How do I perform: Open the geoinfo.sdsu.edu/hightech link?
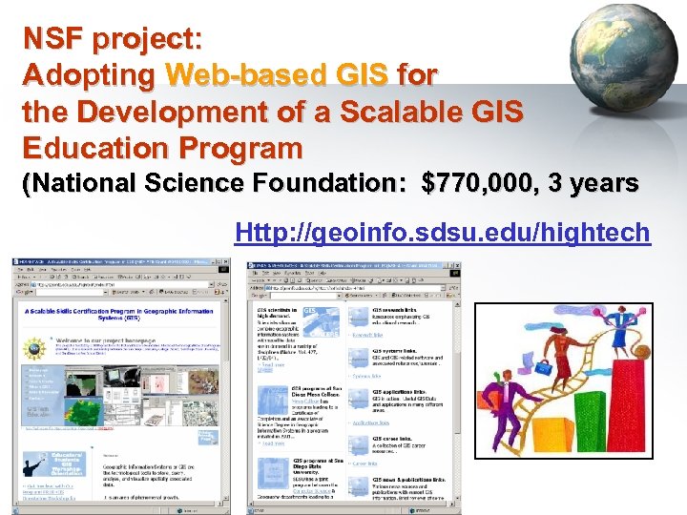[441, 232]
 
